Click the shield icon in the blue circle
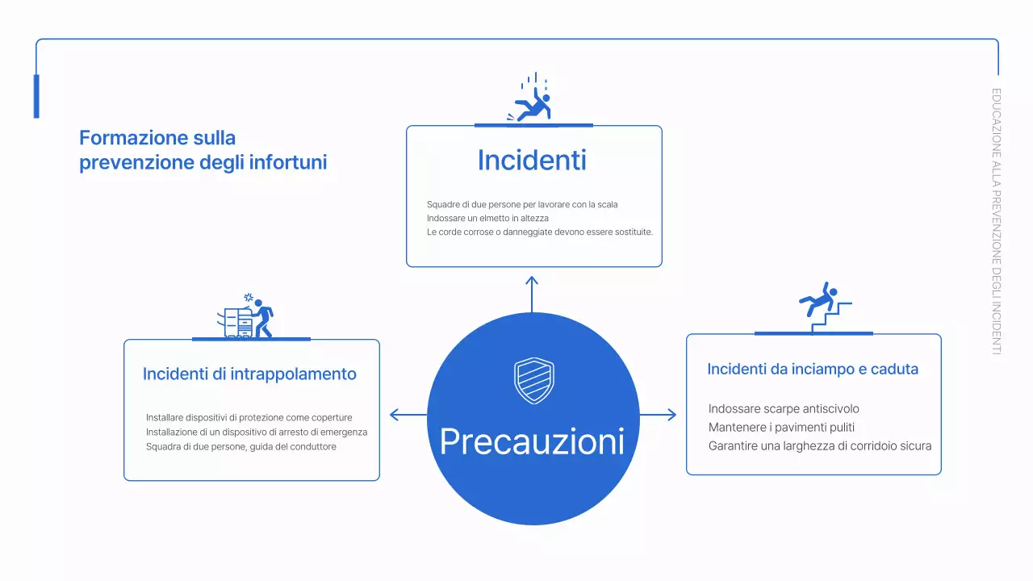click(x=533, y=381)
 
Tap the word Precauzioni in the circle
click(x=533, y=441)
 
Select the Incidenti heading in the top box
click(x=532, y=160)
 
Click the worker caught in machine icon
click(x=250, y=316)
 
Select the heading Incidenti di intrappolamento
click(x=249, y=374)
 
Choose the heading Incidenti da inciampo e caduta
click(x=813, y=370)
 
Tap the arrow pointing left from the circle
click(x=408, y=415)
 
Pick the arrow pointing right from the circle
click(x=658, y=415)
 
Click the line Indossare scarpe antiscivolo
click(x=784, y=409)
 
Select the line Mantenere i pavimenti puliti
click(x=781, y=428)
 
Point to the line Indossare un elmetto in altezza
click(x=487, y=219)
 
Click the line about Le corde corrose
click(x=539, y=232)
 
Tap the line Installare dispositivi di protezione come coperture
click(x=249, y=418)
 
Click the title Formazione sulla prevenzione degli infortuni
click(x=203, y=150)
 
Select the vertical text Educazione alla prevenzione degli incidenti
click(x=996, y=221)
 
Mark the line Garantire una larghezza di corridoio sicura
click(x=820, y=446)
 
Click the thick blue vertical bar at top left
click(x=36, y=96)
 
